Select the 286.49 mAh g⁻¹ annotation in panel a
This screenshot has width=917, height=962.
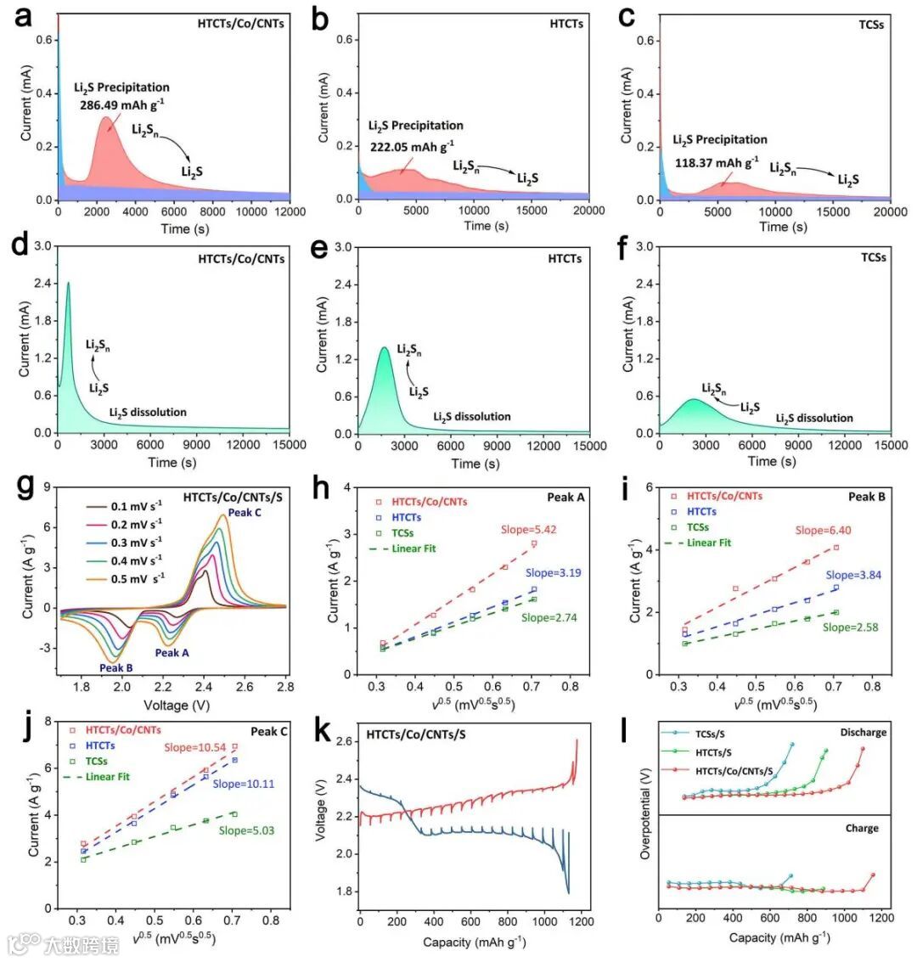pos(133,103)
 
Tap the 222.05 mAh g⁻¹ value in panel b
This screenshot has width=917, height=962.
pos(412,143)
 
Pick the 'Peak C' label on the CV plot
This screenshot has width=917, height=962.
pos(244,513)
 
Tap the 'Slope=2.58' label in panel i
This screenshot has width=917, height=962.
pos(849,627)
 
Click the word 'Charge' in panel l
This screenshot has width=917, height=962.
pos(862,828)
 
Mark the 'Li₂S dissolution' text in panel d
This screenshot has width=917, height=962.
pos(148,413)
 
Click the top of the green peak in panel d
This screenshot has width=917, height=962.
pos(68,284)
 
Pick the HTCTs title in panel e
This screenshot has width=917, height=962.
pos(564,258)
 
